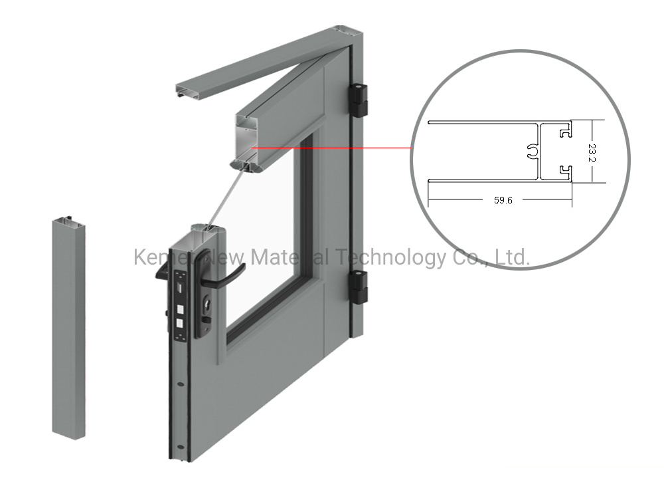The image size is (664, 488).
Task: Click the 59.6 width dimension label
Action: tap(503, 199)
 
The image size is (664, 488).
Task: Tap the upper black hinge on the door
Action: tap(359, 100)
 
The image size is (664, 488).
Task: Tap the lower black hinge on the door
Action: tap(359, 287)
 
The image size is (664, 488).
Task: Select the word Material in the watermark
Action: tap(280, 257)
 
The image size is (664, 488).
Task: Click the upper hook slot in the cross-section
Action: tap(565, 132)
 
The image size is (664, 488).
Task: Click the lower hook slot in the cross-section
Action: tap(565, 172)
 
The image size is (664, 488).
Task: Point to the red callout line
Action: tap(332, 148)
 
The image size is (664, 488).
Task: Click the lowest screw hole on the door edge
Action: tap(181, 445)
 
